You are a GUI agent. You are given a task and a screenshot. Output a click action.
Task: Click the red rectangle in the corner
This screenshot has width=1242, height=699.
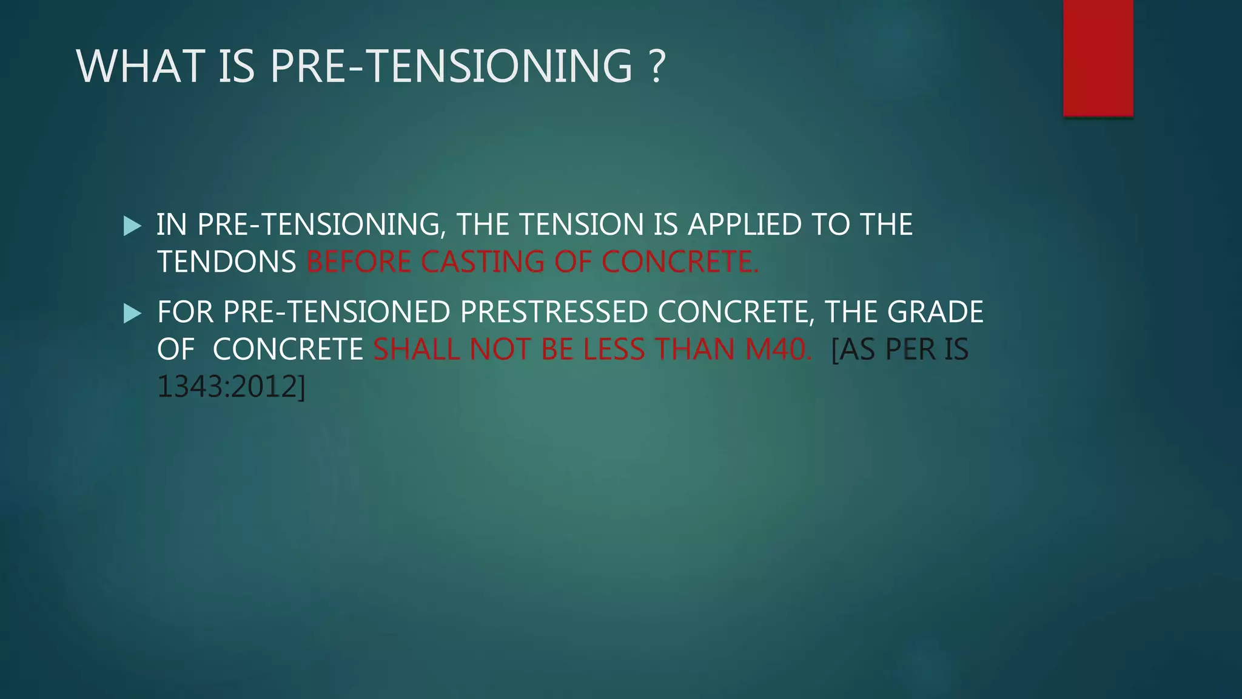[x=1098, y=58]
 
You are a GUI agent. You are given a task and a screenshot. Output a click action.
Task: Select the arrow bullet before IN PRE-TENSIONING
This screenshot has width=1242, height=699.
[x=132, y=226]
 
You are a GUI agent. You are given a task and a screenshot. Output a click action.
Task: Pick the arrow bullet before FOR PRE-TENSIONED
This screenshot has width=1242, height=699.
[x=132, y=313]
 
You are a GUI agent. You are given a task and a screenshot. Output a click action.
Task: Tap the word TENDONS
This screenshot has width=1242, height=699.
[x=227, y=262]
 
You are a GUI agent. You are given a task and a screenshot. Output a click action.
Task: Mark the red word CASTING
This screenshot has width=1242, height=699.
[x=483, y=262]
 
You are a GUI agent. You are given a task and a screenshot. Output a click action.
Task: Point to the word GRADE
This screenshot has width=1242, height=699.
[x=935, y=312]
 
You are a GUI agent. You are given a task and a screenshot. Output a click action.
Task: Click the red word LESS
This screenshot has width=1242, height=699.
[x=614, y=349]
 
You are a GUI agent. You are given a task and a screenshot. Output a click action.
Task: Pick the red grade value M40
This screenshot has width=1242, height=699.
[x=776, y=349]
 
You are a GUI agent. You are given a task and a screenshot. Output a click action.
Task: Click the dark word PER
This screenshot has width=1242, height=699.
[x=910, y=349]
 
